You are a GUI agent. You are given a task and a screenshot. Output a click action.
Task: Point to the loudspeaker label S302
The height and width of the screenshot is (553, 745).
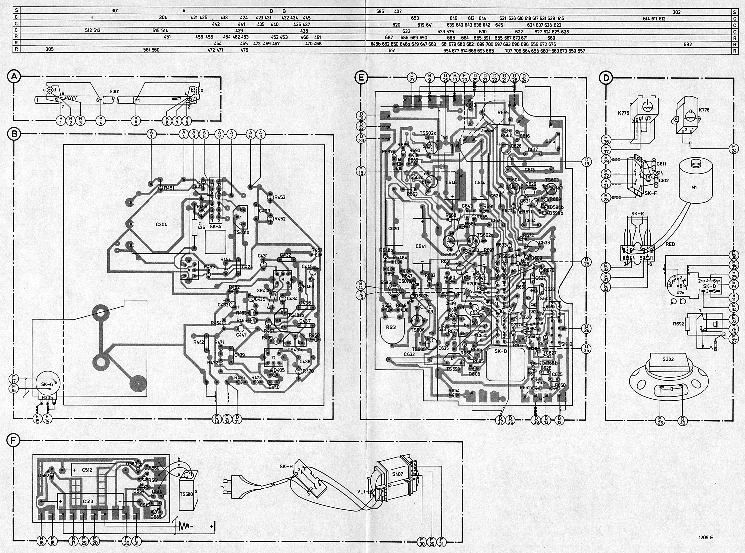[x=658, y=359]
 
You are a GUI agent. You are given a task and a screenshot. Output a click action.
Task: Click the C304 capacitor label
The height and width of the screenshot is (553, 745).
[x=161, y=224]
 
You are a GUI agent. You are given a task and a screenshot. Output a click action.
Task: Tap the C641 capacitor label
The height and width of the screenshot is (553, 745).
[x=421, y=246]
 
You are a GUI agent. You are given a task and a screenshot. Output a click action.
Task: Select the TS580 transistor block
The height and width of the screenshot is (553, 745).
[x=186, y=494]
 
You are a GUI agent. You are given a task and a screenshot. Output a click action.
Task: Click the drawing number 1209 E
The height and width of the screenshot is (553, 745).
[x=706, y=538]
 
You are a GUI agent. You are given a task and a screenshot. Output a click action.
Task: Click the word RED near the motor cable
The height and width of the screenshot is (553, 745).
[x=670, y=244]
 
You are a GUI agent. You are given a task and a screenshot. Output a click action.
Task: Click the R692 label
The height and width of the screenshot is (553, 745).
[x=678, y=324]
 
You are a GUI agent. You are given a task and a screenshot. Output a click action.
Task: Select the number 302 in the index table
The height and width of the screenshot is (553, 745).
[x=677, y=12]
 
